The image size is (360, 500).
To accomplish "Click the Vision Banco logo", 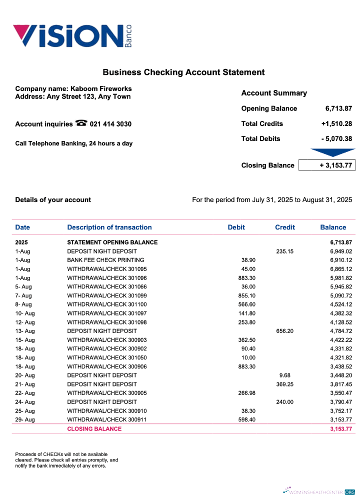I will [72, 36].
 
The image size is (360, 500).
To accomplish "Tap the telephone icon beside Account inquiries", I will [81, 123].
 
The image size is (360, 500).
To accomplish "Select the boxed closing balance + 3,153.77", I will [327, 165].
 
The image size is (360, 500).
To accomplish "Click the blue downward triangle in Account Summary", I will [332, 152].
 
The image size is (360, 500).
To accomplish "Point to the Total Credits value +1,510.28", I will [336, 123].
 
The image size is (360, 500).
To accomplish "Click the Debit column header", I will [236, 227].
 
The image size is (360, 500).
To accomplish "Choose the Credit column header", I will [285, 227].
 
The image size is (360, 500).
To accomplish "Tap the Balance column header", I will [333, 227].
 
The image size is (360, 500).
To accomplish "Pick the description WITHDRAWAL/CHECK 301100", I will [107, 304].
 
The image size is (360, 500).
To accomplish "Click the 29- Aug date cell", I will [25, 419].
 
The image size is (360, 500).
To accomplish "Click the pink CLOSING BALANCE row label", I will [94, 428].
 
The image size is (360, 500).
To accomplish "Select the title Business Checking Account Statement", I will [183, 72].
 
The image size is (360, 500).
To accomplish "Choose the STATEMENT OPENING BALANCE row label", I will [112, 242].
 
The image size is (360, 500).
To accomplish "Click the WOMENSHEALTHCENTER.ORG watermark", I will [318, 492].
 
